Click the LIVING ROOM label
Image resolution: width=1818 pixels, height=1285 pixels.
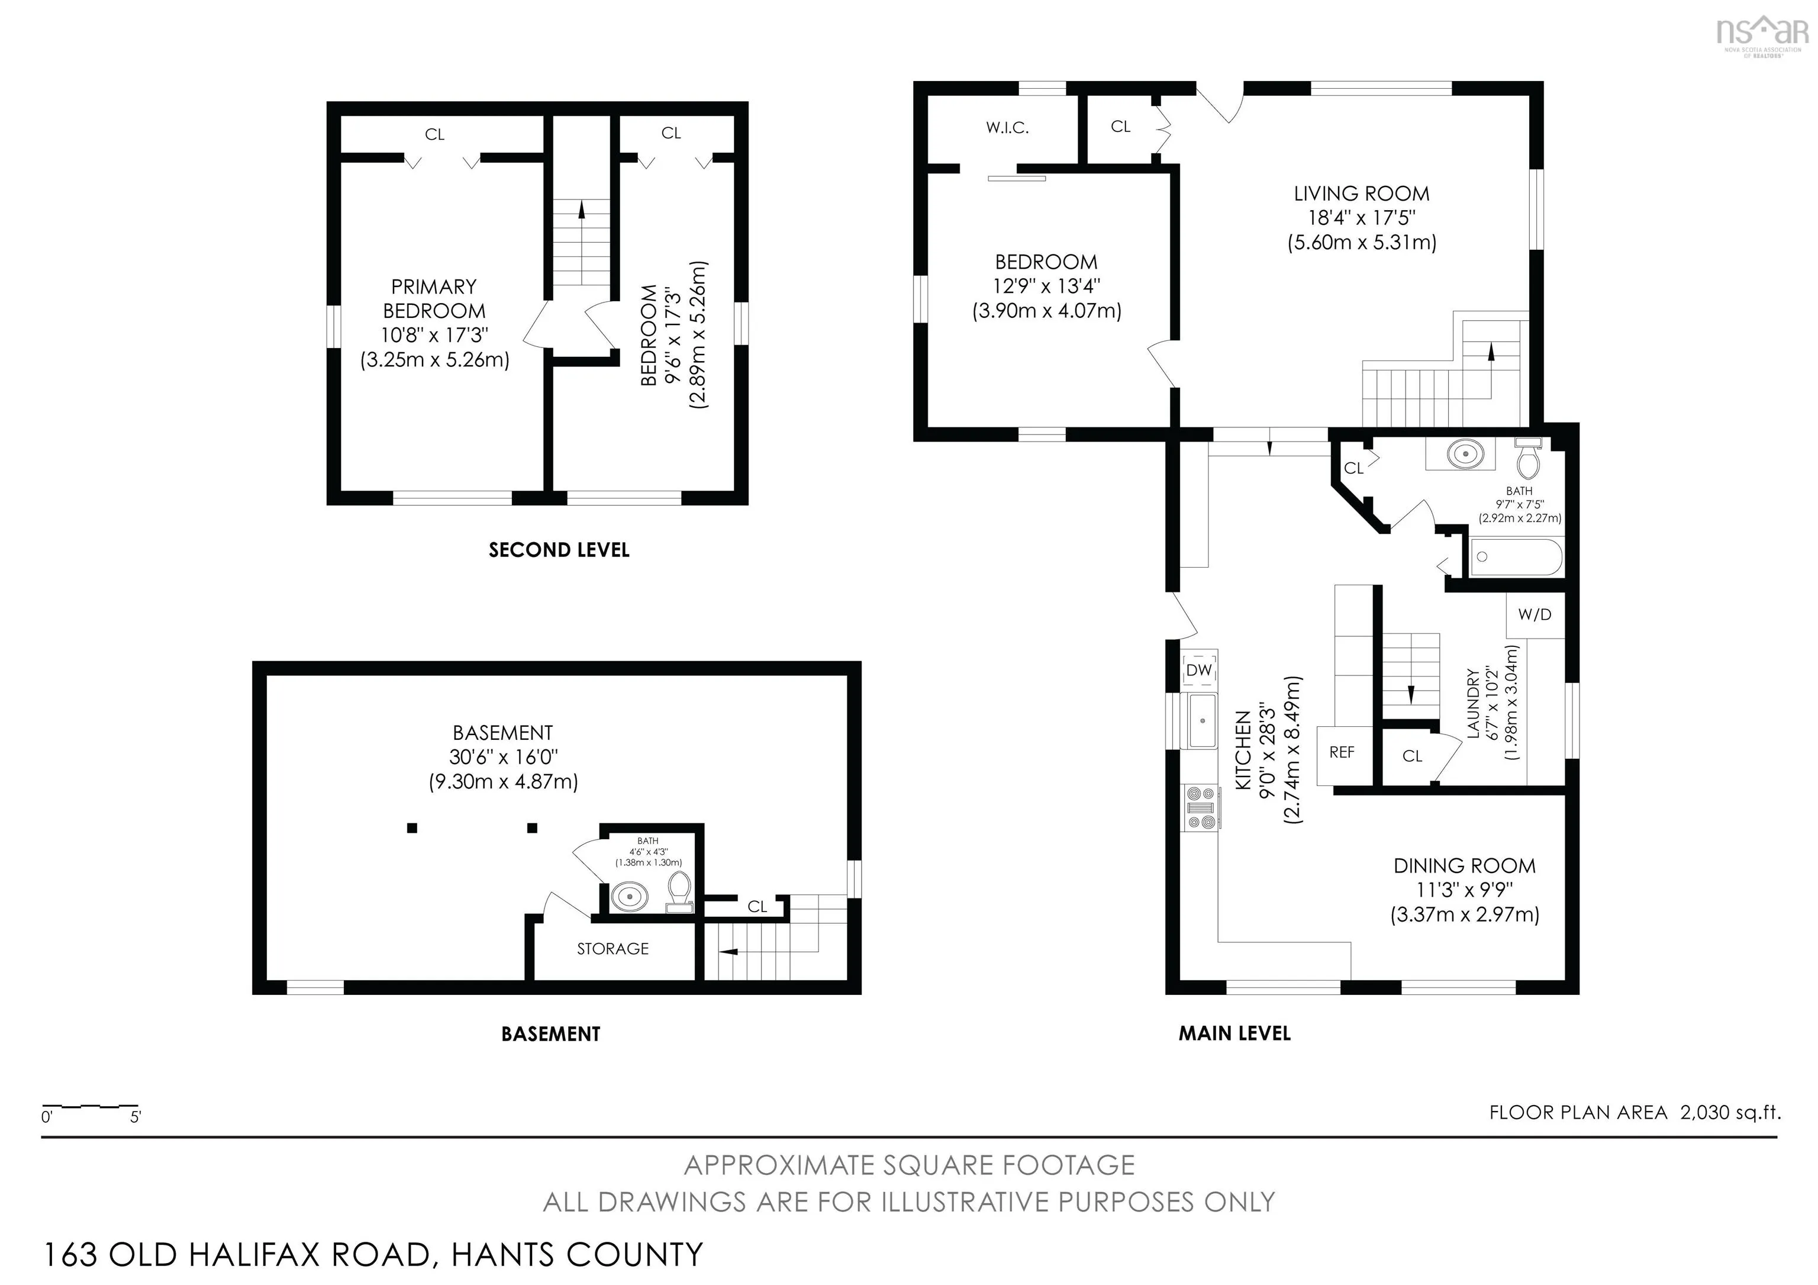point(1361,193)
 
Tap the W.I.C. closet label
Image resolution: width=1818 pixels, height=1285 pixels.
point(1007,127)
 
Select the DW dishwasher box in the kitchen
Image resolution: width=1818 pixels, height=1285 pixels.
point(1199,670)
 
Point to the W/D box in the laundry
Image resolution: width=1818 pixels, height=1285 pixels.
point(1535,614)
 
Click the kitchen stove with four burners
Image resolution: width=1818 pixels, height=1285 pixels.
point(1200,807)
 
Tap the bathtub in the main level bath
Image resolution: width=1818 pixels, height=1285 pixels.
point(1516,558)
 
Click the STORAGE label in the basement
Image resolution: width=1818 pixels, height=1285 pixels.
point(613,949)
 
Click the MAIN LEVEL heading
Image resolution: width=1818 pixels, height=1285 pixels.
point(1234,1033)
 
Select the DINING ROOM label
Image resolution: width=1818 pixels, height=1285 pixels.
point(1464,865)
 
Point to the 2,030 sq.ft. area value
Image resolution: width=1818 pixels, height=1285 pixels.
point(1731,1112)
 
